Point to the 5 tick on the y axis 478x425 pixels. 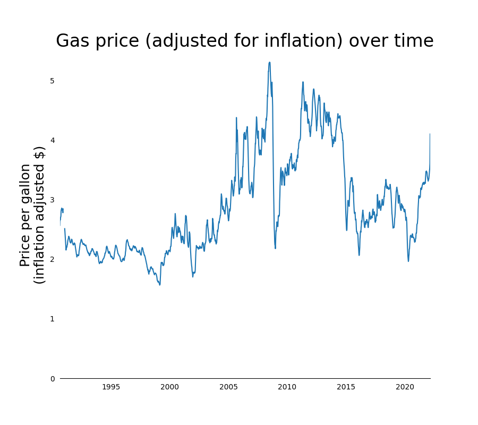(52, 81)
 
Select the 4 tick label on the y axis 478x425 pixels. (52, 140)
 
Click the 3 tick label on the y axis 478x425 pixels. (52, 200)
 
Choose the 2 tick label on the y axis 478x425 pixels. (52, 259)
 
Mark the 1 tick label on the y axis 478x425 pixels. (52, 319)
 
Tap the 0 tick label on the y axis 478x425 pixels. (52, 379)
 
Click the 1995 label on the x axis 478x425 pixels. (111, 387)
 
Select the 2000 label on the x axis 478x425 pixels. (169, 387)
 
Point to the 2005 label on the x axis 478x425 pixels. (228, 387)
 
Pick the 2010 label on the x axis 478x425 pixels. (287, 387)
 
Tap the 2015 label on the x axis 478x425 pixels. (346, 387)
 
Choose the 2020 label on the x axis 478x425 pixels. (405, 387)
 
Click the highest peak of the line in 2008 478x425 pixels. (269, 63)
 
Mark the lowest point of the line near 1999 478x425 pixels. (159, 285)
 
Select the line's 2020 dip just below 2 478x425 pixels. (408, 261)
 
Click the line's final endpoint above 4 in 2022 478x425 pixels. (430, 134)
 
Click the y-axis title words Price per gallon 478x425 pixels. (25, 215)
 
